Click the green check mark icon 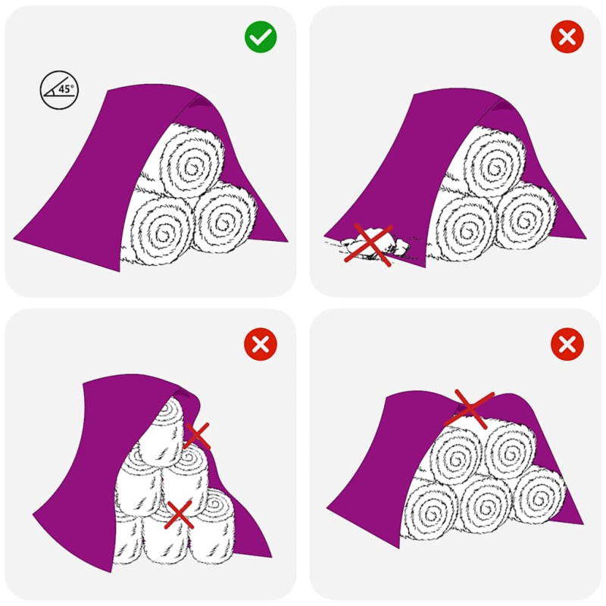pyautogui.click(x=261, y=36)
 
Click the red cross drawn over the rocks pyautogui.click(x=368, y=244)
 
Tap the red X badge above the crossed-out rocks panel pyautogui.click(x=567, y=36)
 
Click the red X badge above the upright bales pyautogui.click(x=261, y=345)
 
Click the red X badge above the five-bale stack pyautogui.click(x=567, y=345)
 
